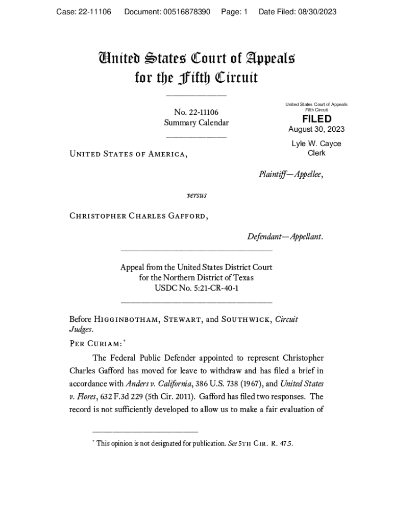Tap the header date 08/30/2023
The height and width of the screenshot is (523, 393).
(318, 12)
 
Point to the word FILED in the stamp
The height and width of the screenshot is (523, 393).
(316, 119)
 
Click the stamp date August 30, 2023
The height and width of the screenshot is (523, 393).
(316, 129)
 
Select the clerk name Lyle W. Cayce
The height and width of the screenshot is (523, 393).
(316, 144)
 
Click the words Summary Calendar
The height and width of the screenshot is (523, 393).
(196, 123)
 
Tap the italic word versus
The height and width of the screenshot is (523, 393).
(196, 195)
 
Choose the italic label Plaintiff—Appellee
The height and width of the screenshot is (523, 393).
(291, 174)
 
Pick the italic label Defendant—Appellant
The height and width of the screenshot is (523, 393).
(285, 236)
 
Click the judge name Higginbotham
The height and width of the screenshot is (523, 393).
(128, 320)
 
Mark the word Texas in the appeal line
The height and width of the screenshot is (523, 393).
(243, 278)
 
